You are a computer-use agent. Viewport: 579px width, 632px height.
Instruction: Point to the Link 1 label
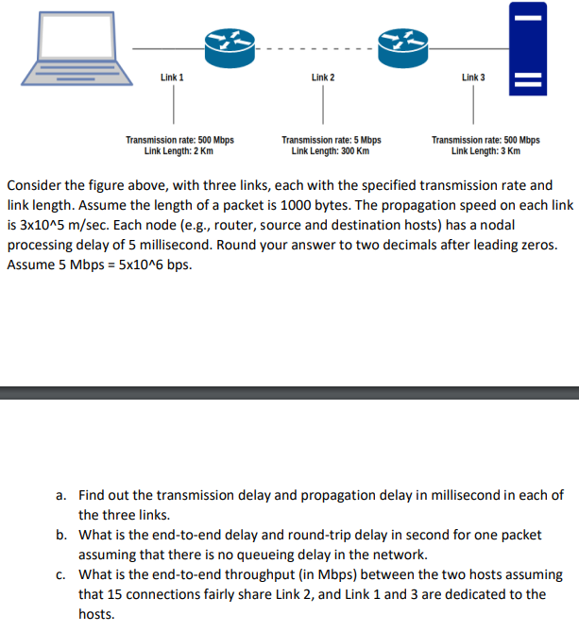coord(173,77)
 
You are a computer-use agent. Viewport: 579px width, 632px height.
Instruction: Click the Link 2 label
coord(323,77)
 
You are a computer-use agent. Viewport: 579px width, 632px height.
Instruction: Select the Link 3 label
coord(473,77)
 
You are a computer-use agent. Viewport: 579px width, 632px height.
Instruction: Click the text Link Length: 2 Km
coord(179,150)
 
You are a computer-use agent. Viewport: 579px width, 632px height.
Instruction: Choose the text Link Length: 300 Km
coord(330,150)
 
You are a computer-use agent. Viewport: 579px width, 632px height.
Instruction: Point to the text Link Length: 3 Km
coord(485,150)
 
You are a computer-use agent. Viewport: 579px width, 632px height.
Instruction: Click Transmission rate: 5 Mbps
coord(332,140)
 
